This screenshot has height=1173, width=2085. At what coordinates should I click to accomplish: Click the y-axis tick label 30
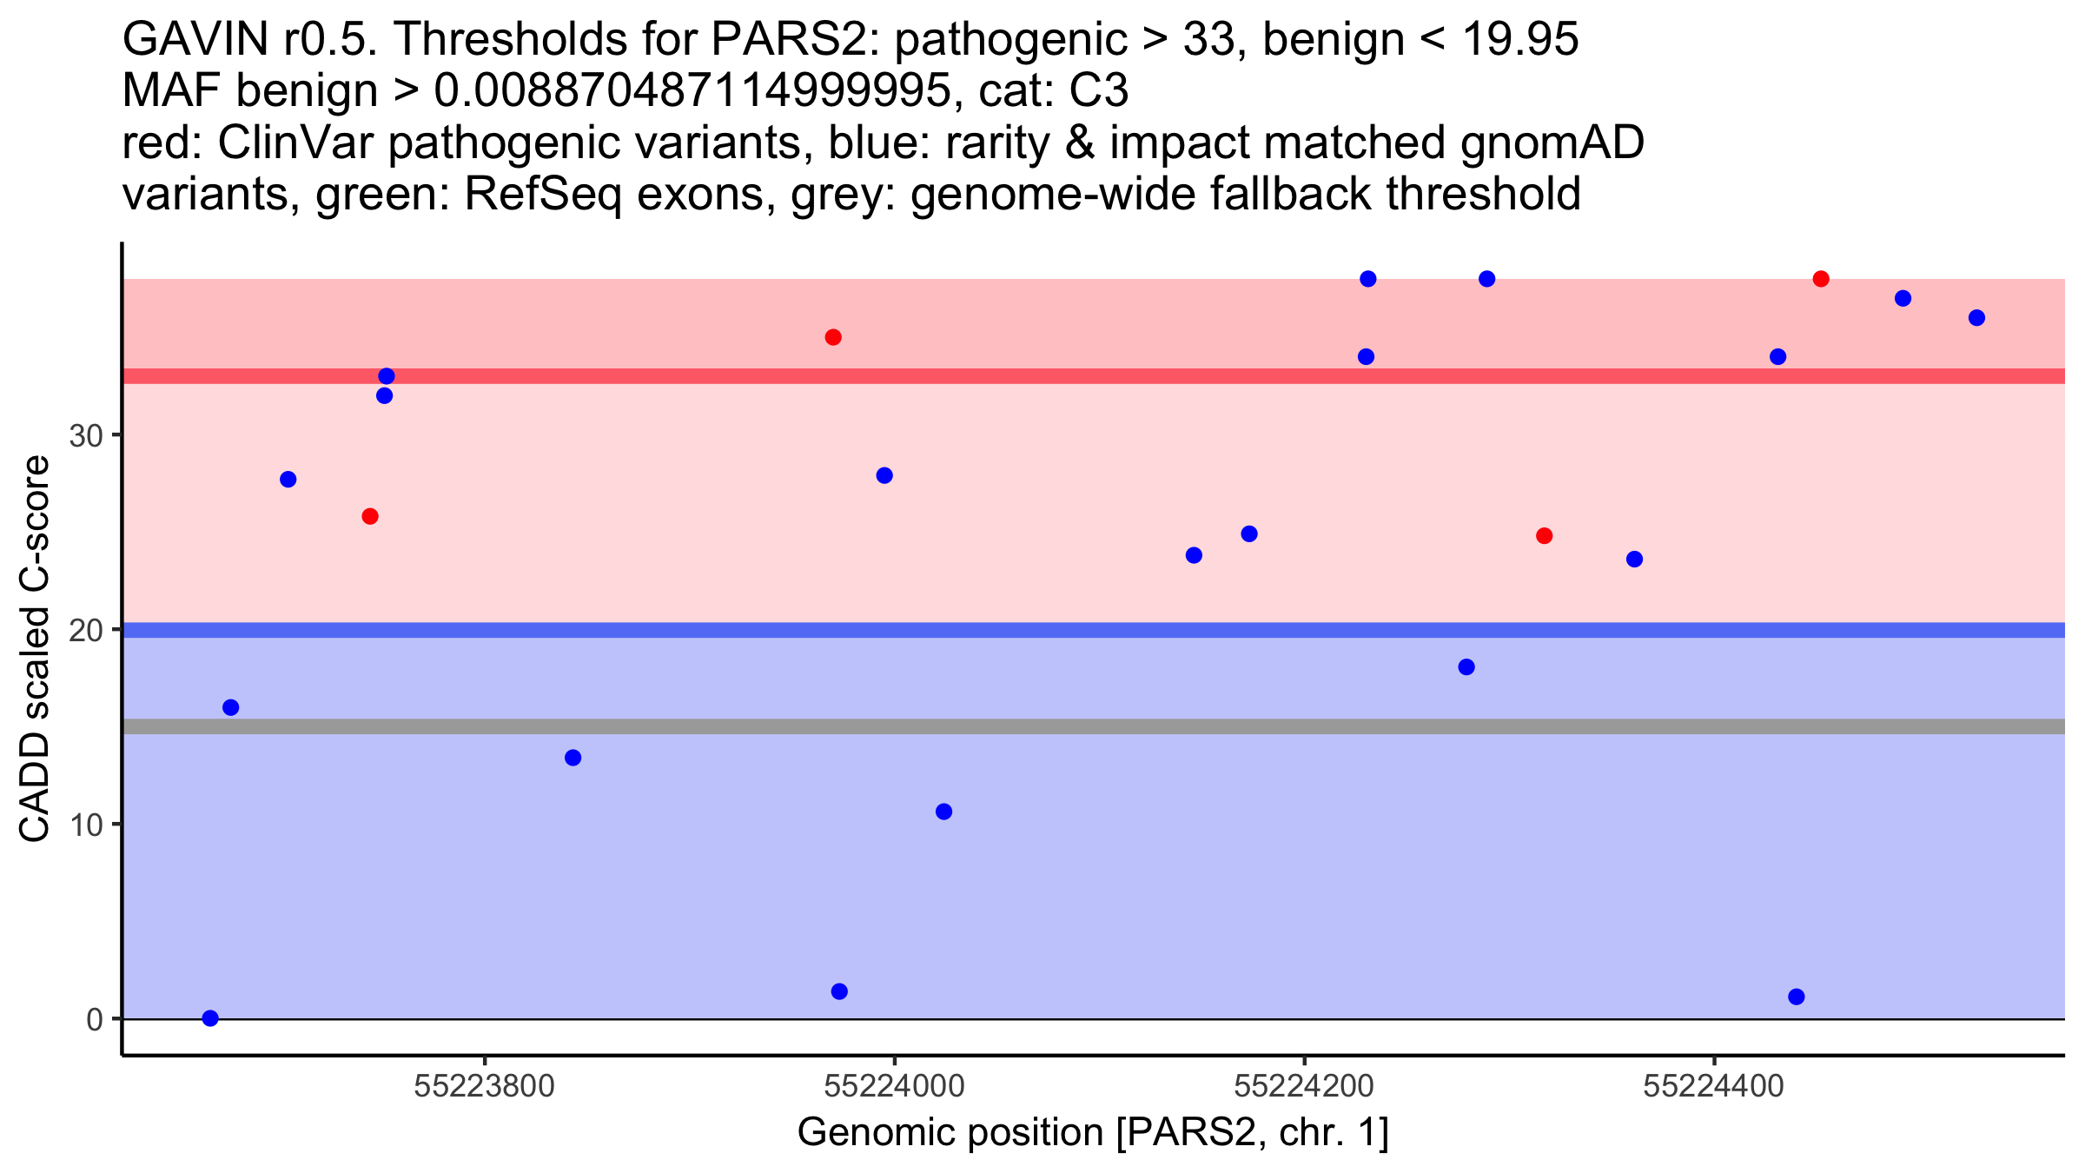(x=87, y=435)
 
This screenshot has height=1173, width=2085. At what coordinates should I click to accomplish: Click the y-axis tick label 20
(x=87, y=630)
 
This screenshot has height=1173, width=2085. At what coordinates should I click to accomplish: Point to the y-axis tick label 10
(x=87, y=825)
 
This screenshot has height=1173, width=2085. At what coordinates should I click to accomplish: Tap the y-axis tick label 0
(x=95, y=1019)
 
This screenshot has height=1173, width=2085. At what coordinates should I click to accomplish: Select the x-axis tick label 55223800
(x=484, y=1086)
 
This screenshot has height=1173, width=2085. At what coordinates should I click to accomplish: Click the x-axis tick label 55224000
(x=894, y=1086)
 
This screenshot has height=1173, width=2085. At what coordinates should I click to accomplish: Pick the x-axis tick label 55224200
(x=1304, y=1086)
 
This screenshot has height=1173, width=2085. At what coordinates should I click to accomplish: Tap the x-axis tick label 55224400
(x=1714, y=1086)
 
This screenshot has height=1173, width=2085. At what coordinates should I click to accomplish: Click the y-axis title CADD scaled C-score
(x=35, y=649)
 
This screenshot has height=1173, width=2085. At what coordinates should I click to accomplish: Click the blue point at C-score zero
(x=210, y=1018)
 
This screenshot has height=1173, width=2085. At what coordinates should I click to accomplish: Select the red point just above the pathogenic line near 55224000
(x=833, y=337)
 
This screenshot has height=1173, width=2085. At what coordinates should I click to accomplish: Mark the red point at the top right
(x=1821, y=279)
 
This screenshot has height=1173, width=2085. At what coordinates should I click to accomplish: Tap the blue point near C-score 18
(x=1466, y=667)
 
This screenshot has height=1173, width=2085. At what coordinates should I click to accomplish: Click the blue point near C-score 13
(x=573, y=758)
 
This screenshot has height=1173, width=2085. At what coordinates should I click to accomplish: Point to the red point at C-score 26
(x=370, y=516)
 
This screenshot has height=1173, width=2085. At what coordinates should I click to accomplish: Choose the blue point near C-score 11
(x=943, y=812)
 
